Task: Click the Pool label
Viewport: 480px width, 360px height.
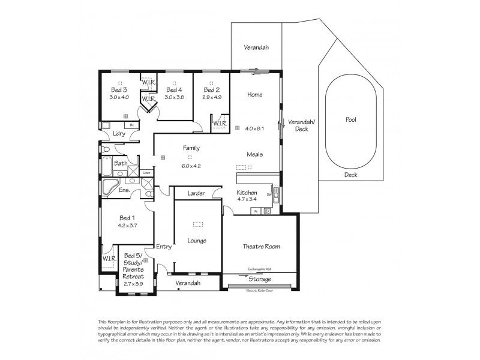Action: [x=351, y=119]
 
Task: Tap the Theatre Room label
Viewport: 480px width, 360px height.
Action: [x=261, y=246]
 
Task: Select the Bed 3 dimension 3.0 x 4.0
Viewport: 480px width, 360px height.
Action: [x=119, y=97]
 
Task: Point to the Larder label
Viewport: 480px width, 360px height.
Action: [x=196, y=193]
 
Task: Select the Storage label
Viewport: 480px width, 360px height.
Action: [x=260, y=279]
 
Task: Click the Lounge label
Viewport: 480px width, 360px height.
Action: [x=197, y=241]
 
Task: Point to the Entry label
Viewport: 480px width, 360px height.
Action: [x=164, y=247]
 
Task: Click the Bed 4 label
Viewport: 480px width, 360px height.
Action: [x=174, y=90]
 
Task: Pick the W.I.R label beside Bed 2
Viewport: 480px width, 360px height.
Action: [x=219, y=124]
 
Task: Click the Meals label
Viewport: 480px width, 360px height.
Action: [x=254, y=154]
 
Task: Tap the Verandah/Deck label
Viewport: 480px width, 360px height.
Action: [x=298, y=125]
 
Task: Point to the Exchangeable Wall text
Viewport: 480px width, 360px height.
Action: [x=260, y=269]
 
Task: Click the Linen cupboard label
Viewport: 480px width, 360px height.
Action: [x=146, y=173]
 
